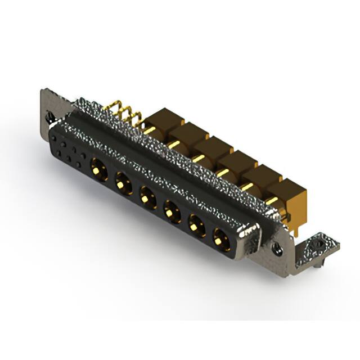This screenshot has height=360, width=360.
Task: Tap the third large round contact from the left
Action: [147, 196]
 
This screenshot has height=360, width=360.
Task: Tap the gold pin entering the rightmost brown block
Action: [271, 201]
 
